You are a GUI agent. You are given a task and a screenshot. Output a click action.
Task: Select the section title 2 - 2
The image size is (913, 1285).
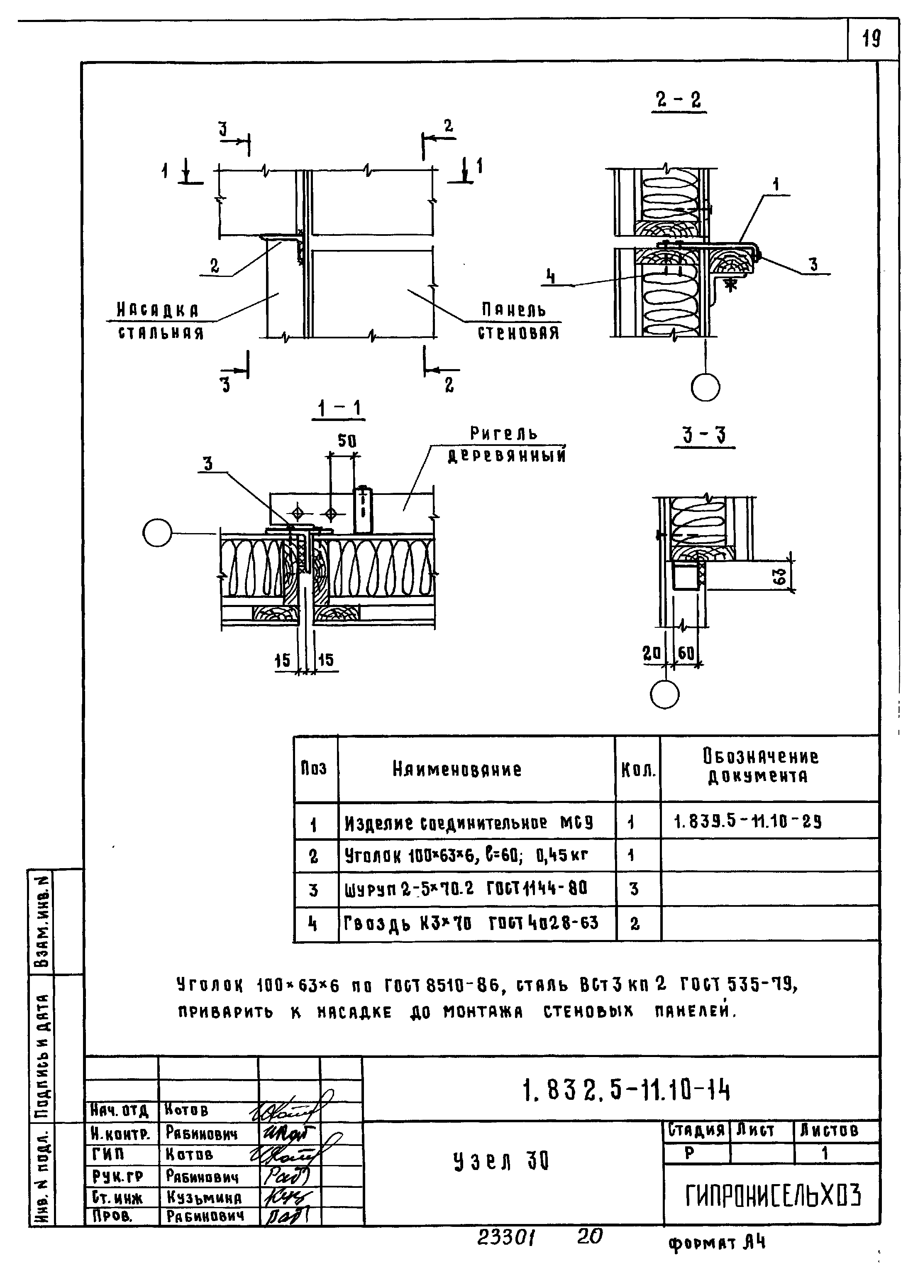point(679,100)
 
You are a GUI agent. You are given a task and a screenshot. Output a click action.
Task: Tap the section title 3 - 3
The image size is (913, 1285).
point(704,435)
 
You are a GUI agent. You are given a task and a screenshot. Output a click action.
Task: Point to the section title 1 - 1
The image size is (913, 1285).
point(339,408)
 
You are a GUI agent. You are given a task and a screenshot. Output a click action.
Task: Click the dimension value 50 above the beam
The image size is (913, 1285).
point(347,441)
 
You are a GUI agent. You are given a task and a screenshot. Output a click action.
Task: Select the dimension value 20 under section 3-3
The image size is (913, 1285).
point(652,653)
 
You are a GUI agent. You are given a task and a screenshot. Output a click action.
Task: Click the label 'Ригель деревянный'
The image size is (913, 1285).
point(506,444)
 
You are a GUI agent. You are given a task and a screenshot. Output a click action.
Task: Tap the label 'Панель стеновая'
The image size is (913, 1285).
point(518,321)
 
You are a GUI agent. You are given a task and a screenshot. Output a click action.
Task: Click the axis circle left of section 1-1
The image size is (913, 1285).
point(157,533)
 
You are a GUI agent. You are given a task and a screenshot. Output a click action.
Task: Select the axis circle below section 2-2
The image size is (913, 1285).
point(705,387)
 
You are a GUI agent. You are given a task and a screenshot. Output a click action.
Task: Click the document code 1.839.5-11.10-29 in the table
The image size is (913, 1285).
point(748,822)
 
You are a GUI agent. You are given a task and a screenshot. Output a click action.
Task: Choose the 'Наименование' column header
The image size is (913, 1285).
point(457,769)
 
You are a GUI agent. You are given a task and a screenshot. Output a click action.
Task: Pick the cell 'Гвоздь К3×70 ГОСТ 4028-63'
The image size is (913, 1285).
point(471,923)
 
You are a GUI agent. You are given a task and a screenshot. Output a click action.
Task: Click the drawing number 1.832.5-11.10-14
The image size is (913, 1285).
point(626,1092)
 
